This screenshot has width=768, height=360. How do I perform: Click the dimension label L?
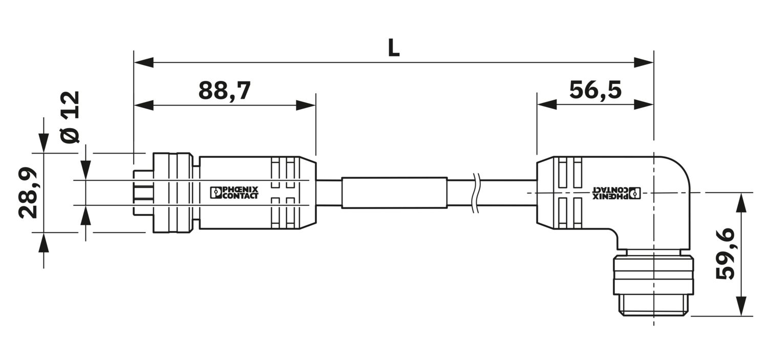click(394, 48)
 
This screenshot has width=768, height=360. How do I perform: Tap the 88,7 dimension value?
click(225, 91)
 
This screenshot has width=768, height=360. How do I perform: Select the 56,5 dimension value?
click(595, 90)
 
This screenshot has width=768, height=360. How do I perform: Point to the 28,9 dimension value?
click(28, 193)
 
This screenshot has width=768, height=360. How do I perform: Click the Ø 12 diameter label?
click(70, 117)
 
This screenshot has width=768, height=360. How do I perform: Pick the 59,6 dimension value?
click(725, 253)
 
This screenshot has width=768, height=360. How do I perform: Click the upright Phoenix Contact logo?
click(234, 193)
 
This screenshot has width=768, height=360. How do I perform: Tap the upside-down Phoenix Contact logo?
click(616, 193)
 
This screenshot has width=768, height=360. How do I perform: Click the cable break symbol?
click(476, 193)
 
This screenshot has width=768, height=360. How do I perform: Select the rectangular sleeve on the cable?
click(394, 193)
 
